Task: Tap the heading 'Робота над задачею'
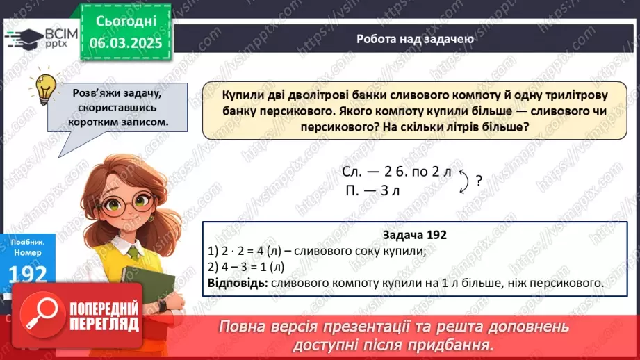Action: coord(415,39)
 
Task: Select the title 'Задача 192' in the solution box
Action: coord(414,235)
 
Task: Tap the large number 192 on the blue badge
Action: coord(28,274)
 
